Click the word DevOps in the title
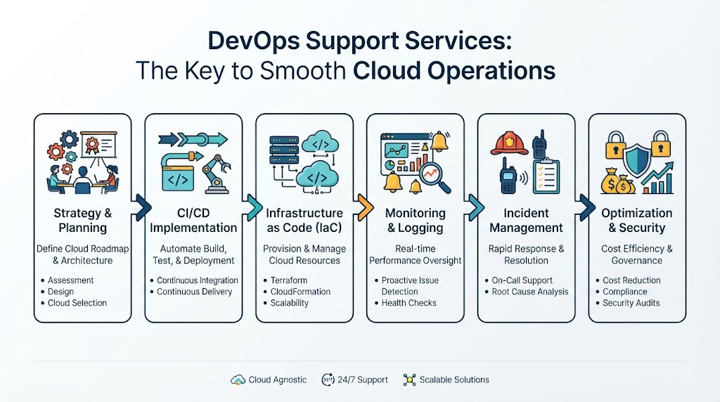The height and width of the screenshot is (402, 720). click(x=253, y=41)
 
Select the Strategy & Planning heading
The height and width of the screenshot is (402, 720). click(x=83, y=220)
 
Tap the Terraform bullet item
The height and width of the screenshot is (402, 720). click(x=289, y=280)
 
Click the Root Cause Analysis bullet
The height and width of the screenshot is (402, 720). click(x=530, y=292)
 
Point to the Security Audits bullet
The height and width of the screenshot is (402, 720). click(x=631, y=303)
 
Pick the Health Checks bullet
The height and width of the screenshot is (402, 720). click(x=409, y=303)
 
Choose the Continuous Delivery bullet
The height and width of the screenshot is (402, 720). click(x=194, y=292)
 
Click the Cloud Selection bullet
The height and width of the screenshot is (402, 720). click(x=77, y=303)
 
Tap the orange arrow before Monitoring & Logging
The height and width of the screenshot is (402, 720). click(x=365, y=207)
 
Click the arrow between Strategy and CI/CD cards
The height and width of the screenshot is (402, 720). click(x=143, y=207)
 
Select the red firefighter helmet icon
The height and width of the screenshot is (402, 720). click(x=509, y=143)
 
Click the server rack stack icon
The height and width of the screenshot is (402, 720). click(x=284, y=150)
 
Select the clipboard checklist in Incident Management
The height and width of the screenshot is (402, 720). click(x=546, y=175)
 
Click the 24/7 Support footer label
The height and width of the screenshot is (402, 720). click(x=362, y=380)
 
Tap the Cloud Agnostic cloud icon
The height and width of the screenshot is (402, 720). click(x=238, y=380)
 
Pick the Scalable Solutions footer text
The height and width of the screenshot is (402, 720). click(x=454, y=380)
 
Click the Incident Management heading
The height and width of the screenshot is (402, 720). click(x=526, y=220)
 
